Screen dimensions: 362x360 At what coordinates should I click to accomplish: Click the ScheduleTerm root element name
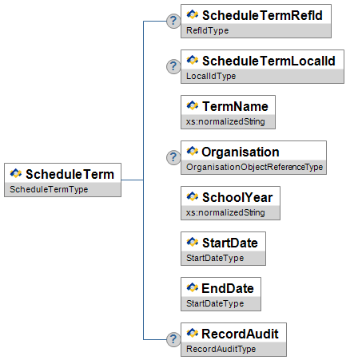pos(70,174)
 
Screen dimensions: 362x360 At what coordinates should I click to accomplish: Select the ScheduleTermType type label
pos(49,189)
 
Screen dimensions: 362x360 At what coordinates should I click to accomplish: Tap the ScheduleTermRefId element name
pos(262,15)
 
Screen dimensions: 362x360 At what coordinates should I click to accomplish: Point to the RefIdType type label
pos(207,30)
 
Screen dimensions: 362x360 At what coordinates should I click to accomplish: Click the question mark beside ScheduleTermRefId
pos(173,21)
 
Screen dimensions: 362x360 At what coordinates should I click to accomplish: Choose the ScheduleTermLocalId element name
pos(269,61)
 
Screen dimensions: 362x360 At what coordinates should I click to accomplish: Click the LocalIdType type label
pos(211,76)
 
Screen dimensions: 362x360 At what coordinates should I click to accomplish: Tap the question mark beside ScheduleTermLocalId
pos(173,66)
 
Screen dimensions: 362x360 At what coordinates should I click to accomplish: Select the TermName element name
pos(235,106)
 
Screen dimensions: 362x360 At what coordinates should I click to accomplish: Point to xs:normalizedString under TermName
pos(225,121)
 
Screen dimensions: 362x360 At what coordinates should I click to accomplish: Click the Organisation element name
pos(241,152)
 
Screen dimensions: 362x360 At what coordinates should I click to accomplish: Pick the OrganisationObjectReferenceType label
pos(254,167)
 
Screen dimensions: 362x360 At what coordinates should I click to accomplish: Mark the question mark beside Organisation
pos(173,157)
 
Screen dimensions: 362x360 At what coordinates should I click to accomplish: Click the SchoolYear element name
pos(237,197)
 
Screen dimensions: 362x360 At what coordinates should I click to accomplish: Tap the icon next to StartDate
pos(193,242)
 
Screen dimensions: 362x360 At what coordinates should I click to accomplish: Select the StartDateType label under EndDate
pos(215,303)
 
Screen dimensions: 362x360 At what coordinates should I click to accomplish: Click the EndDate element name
pos(228,288)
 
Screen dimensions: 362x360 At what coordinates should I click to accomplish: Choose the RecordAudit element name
pos(240,334)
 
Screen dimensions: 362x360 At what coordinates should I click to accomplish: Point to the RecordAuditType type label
pos(221,349)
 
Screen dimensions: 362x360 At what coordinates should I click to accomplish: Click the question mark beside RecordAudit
pos(173,339)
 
